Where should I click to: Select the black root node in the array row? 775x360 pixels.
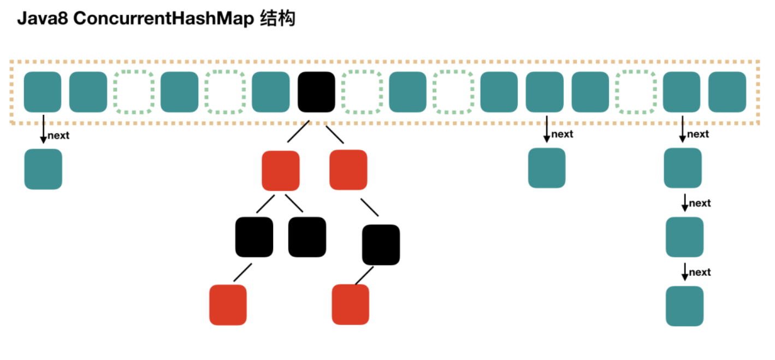pyautogui.click(x=316, y=92)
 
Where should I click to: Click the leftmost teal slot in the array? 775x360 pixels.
pyautogui.click(x=43, y=92)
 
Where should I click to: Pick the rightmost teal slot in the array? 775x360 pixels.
pyautogui.click(x=727, y=92)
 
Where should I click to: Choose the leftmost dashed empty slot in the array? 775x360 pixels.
pyautogui.click(x=134, y=92)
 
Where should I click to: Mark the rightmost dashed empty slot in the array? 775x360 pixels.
pyautogui.click(x=636, y=92)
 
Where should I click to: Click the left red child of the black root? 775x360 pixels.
pyautogui.click(x=281, y=170)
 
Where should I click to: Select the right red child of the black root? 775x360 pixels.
pyautogui.click(x=348, y=170)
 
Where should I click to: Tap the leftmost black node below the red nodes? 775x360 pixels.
pyautogui.click(x=254, y=237)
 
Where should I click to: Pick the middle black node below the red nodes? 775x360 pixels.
pyautogui.click(x=307, y=237)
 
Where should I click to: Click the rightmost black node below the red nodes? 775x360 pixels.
pyautogui.click(x=381, y=245)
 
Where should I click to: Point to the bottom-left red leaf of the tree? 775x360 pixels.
pyautogui.click(x=228, y=305)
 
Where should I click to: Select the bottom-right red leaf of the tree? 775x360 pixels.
pyautogui.click(x=351, y=304)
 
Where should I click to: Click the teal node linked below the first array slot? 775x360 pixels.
pyautogui.click(x=43, y=169)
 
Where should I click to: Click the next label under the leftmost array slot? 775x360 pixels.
pyautogui.click(x=58, y=136)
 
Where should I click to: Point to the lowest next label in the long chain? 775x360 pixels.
pyautogui.click(x=700, y=272)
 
